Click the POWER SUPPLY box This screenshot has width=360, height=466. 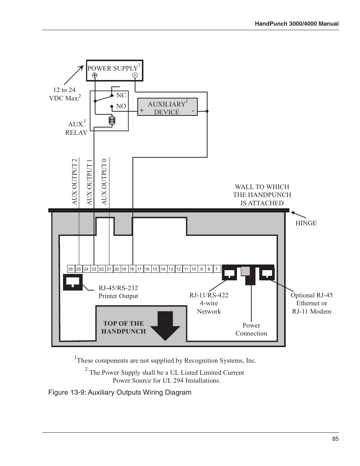114,70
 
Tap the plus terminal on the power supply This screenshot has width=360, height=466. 94,75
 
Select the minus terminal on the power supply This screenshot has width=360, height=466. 135,75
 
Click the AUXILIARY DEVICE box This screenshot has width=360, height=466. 167,107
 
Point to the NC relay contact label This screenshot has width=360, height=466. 121,95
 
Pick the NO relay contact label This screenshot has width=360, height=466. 121,106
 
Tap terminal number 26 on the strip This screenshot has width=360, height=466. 71,269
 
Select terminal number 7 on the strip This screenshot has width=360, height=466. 216,269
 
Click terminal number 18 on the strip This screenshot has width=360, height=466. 131,269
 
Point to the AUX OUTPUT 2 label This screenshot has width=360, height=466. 74,181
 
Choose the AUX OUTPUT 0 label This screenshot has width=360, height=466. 104,181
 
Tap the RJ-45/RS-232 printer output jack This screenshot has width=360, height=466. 73,282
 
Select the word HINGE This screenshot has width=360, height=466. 306,223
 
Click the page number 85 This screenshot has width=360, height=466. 335,439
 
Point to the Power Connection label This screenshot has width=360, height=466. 251,329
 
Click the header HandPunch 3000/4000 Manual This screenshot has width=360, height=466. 297,24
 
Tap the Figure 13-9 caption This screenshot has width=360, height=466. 120,392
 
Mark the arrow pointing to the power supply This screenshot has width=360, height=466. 74,75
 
